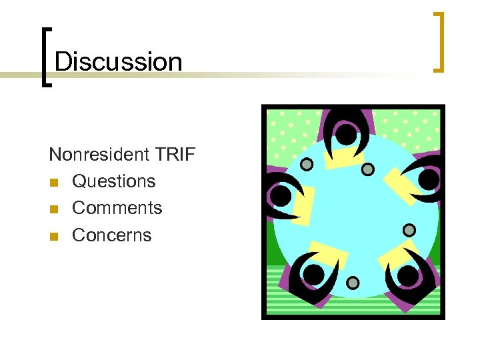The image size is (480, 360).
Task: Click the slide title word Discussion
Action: click(118, 61)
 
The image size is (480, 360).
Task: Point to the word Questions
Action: click(113, 181)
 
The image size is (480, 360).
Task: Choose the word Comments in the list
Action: click(117, 208)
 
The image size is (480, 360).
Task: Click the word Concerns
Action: click(111, 235)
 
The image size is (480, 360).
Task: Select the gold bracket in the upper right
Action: click(439, 41)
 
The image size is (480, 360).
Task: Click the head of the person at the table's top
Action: click(345, 135)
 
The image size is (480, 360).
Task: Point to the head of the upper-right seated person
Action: click(428, 179)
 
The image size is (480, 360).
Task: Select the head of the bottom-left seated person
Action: click(313, 275)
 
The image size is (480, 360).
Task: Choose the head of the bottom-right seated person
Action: click(407, 275)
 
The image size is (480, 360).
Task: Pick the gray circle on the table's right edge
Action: click(409, 230)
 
